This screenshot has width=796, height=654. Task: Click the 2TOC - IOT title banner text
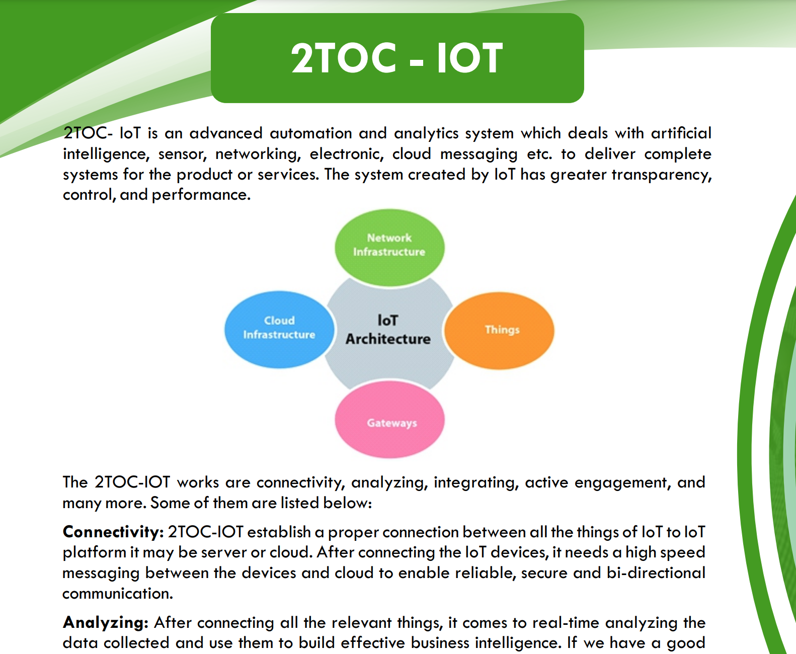(396, 58)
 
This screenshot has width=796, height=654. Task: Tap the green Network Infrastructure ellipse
(389, 248)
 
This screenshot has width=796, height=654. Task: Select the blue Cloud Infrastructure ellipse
(279, 329)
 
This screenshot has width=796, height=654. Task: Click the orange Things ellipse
(499, 331)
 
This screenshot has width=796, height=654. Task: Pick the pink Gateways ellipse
(389, 419)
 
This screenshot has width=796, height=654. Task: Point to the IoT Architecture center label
(388, 330)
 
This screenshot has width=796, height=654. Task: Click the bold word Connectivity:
(113, 532)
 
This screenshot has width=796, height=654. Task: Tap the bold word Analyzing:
(106, 623)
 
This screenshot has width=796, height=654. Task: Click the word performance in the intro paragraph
(201, 195)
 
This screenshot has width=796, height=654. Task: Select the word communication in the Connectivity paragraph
(118, 594)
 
